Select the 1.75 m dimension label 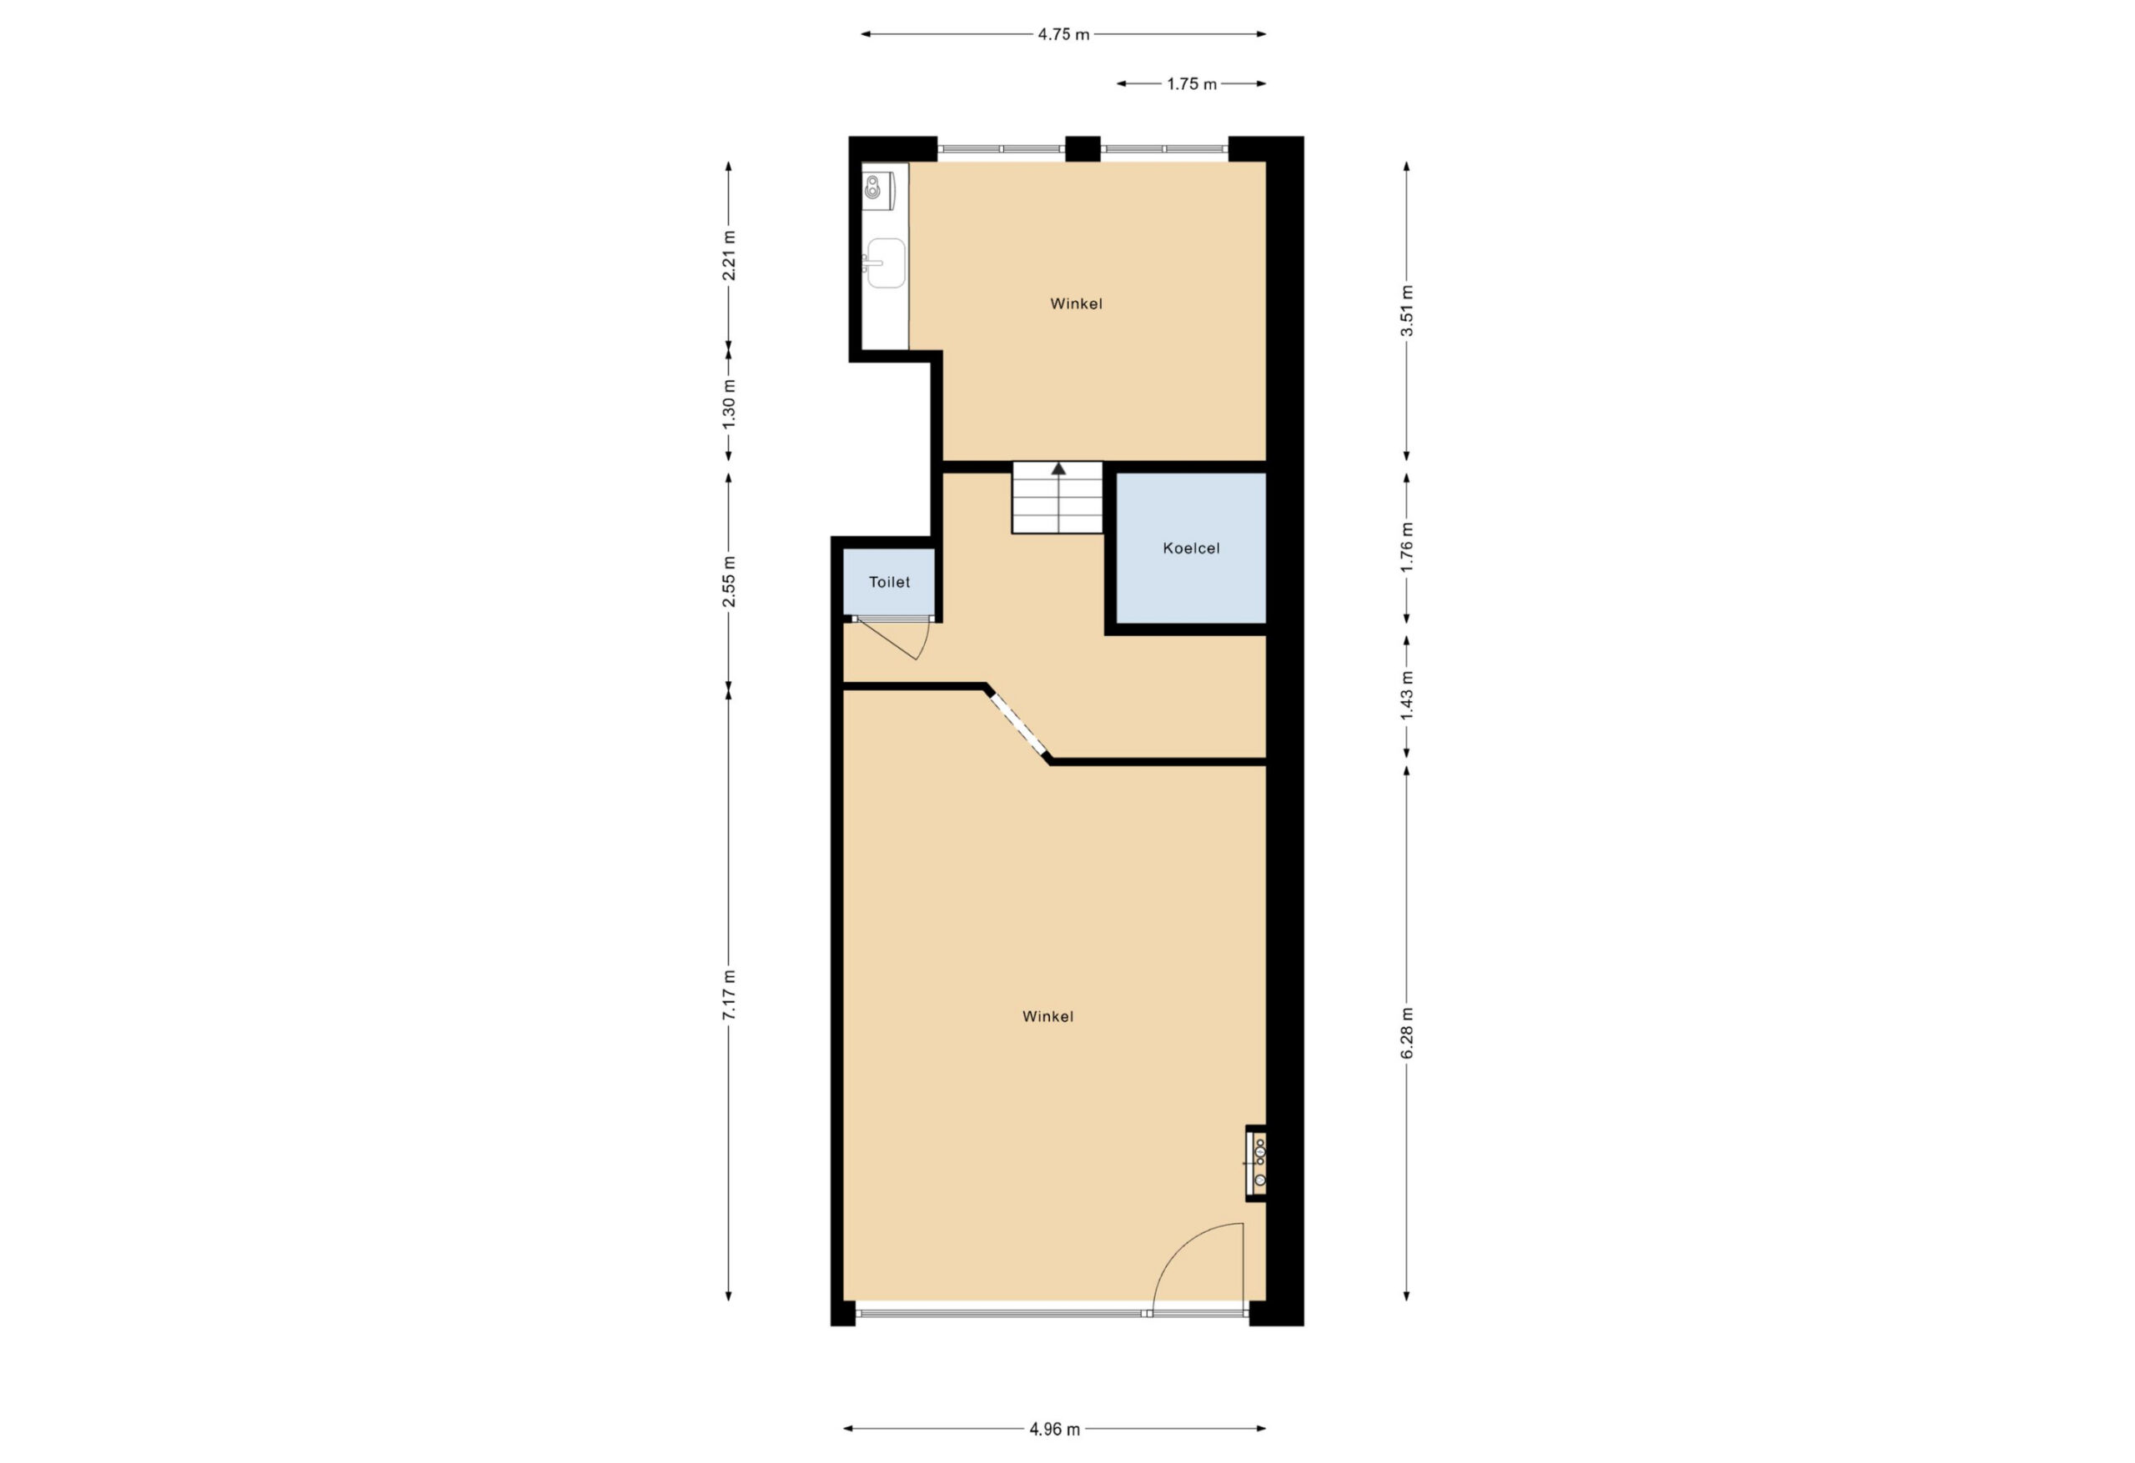click(x=1192, y=84)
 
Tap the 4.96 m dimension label click(x=1055, y=1429)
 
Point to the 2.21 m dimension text click(x=730, y=254)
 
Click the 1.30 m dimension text click(x=730, y=403)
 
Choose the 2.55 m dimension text click(x=730, y=581)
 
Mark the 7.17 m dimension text click(x=730, y=995)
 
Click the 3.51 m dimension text click(x=1406, y=310)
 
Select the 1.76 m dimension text click(x=1406, y=548)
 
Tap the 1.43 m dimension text click(x=1406, y=695)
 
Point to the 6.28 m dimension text click(x=1406, y=1032)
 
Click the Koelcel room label click(x=1191, y=549)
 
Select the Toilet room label click(x=889, y=582)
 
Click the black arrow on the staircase click(x=1058, y=468)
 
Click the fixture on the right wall click(x=1257, y=1164)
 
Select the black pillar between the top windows click(x=1083, y=148)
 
